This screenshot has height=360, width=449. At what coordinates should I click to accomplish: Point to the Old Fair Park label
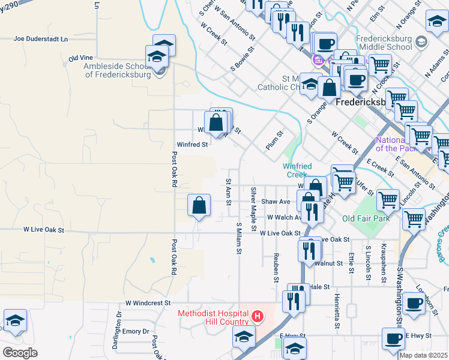[366, 218]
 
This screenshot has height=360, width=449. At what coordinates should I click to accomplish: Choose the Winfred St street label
[192, 145]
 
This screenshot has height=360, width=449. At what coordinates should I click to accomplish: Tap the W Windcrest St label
[148, 304]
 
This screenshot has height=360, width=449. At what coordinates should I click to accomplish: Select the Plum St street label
[274, 142]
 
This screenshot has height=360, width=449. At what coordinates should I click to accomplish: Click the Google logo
[20, 352]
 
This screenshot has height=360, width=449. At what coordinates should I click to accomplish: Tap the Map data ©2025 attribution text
[423, 355]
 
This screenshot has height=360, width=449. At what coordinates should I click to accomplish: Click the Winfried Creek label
[296, 170]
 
